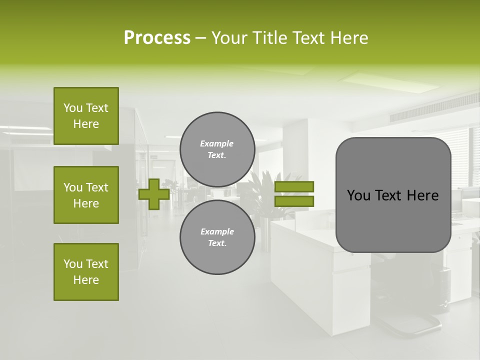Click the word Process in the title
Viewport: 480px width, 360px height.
[x=157, y=38]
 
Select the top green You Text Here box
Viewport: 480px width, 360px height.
[x=86, y=116]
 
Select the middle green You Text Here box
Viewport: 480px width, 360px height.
[x=86, y=195]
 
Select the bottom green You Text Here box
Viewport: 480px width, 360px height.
[x=86, y=272]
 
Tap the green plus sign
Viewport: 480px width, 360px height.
[x=154, y=194]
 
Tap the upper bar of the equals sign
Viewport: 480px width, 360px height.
[x=294, y=186]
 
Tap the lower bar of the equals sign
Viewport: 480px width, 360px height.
[x=294, y=201]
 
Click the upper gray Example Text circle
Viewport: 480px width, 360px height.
[x=217, y=149]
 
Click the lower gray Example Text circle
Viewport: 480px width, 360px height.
[x=217, y=237]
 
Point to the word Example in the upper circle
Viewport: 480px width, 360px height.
[x=217, y=143]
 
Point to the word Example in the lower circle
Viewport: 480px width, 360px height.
[x=217, y=231]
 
